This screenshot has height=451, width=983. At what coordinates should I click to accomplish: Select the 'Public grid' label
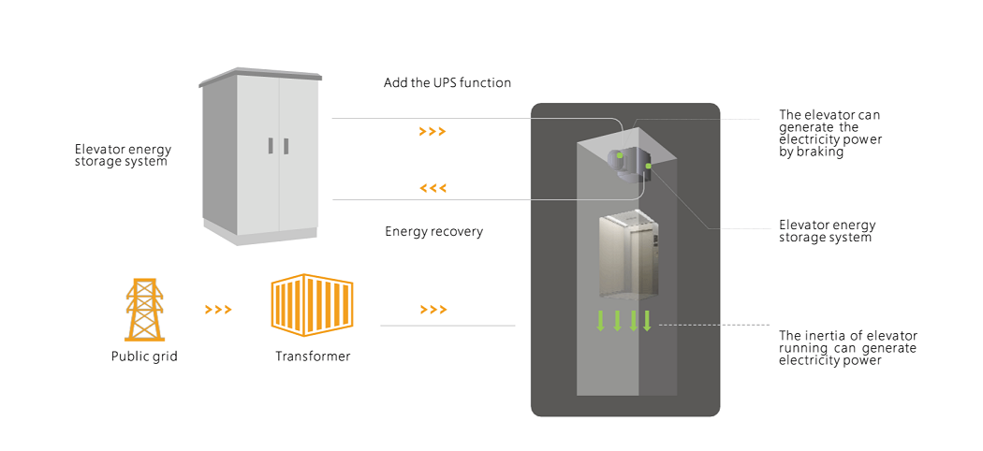144,356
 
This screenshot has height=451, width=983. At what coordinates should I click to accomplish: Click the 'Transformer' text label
313,356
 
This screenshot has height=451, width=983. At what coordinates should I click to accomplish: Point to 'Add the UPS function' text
447,83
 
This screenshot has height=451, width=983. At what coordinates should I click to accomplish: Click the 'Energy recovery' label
433,231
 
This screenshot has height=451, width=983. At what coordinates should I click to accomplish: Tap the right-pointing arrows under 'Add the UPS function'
432,132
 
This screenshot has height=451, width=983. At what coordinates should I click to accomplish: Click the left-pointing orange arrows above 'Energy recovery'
433,188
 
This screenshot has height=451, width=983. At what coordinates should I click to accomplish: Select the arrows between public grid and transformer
217,310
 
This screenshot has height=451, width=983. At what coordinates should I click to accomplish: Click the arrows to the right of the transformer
433,310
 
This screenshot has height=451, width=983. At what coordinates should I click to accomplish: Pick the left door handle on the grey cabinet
270,146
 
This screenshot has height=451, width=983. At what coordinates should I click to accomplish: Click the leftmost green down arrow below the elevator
601,321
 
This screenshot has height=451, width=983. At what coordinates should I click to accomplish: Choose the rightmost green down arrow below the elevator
647,321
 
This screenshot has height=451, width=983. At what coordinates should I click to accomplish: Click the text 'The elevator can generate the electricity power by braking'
830,134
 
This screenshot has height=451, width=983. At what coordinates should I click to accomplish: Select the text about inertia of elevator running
847,348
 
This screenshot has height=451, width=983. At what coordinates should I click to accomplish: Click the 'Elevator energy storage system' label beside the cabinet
123,155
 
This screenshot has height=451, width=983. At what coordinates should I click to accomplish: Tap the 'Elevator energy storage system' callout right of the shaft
827,231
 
